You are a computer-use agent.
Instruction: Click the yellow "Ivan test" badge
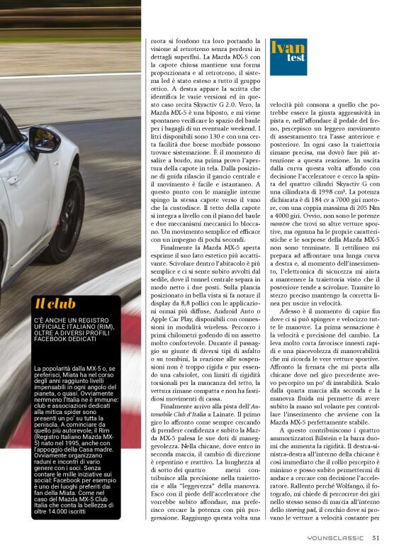pos(288,49)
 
